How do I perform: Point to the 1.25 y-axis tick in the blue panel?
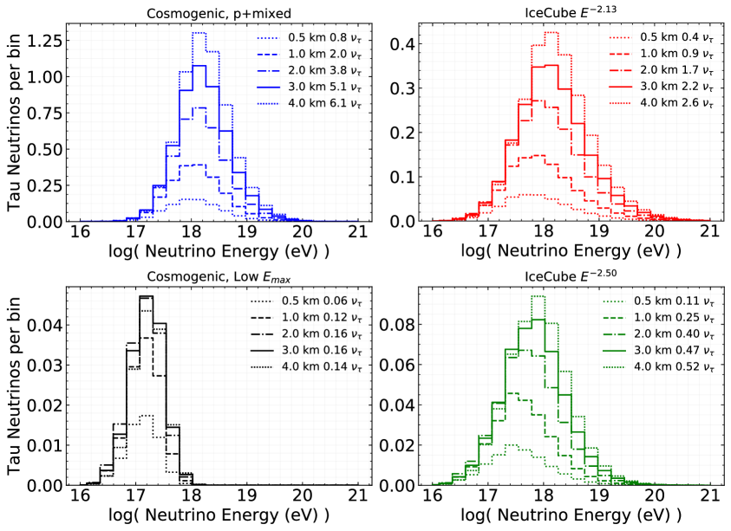pyautogui.click(x=42, y=40)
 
